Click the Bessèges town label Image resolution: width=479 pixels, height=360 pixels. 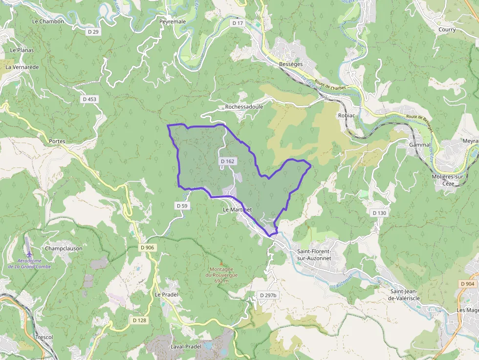click(291, 64)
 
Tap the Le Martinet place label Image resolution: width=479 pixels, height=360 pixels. click(237, 210)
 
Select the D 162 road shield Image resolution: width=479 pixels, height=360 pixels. click(227, 161)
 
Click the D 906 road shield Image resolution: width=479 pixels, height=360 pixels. click(147, 248)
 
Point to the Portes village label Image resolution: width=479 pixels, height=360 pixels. click(57, 141)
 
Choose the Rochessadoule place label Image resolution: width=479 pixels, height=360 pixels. click(244, 106)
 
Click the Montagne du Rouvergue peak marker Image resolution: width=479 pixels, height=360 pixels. click(221, 263)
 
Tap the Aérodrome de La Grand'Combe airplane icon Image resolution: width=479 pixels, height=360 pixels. click(29, 254)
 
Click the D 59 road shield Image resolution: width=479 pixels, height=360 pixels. click(181, 206)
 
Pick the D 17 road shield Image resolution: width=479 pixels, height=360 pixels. click(238, 23)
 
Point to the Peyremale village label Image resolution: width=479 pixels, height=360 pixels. click(172, 22)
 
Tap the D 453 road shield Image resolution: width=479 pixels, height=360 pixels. click(89, 99)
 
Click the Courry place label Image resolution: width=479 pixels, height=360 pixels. click(447, 30)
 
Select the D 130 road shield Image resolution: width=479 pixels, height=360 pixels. click(379, 213)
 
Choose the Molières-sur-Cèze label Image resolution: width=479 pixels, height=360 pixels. click(450, 180)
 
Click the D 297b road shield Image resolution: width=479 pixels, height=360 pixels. click(268, 296)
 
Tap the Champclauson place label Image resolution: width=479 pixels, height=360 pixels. click(64, 248)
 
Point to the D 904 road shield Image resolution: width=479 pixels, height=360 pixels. click(467, 284)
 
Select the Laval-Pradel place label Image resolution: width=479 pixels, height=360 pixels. click(186, 346)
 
